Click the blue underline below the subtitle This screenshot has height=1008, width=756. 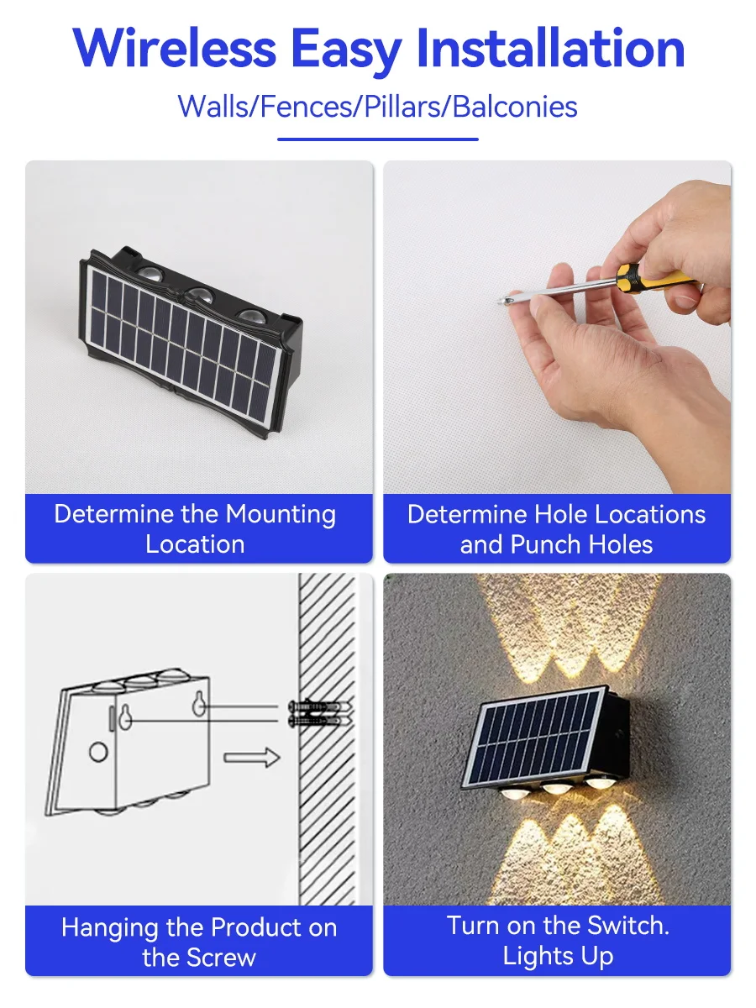click(x=377, y=139)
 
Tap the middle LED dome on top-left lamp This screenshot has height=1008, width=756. click(x=198, y=295)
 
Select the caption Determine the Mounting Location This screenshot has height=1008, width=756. click(x=195, y=528)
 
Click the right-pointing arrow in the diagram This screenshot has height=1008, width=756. click(x=251, y=757)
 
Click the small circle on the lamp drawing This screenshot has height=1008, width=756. click(x=98, y=752)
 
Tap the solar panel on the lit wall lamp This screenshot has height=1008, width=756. click(x=533, y=739)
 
